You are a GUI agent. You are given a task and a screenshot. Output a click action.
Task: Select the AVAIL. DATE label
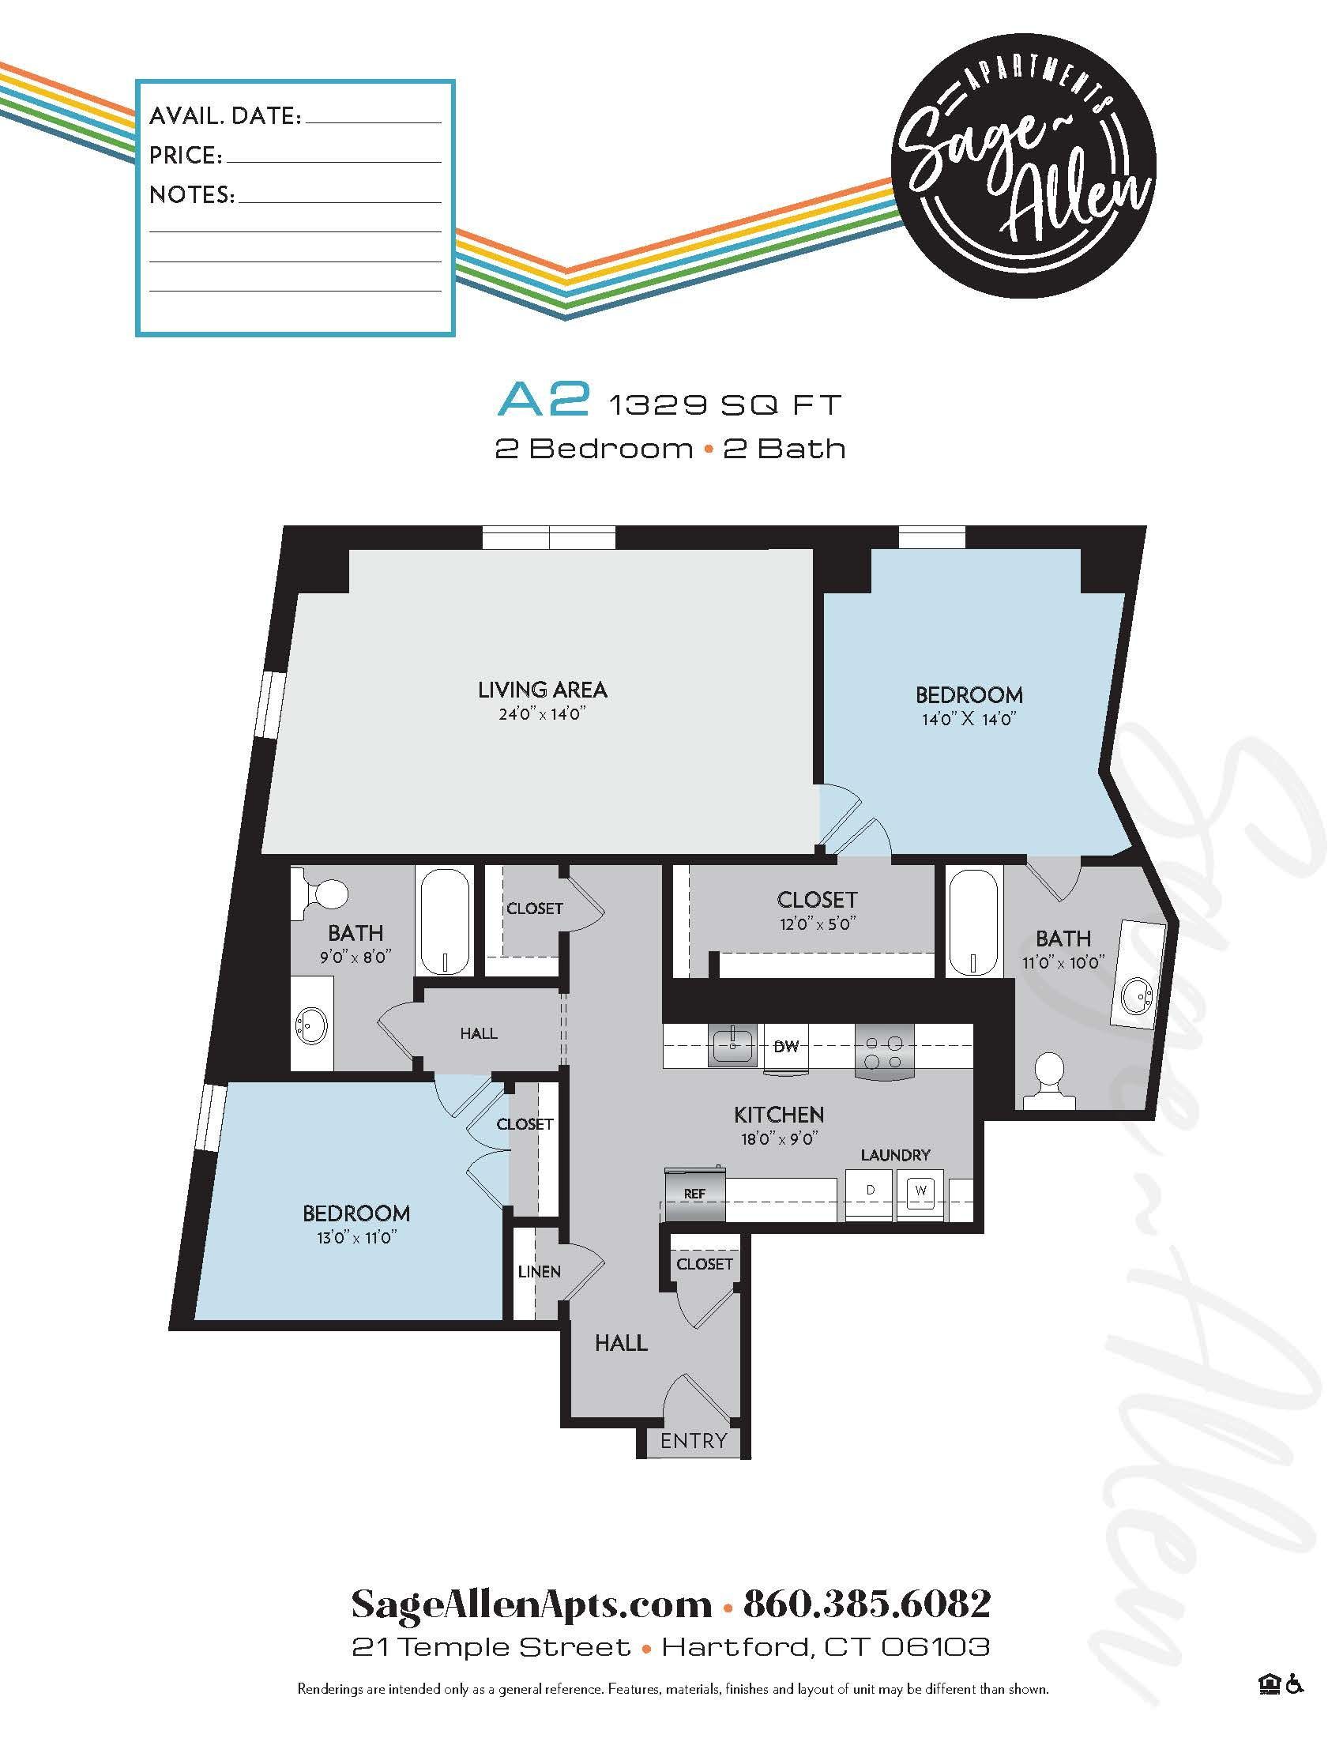[x=225, y=116]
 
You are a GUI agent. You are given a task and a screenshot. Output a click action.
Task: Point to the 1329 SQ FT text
[x=724, y=406]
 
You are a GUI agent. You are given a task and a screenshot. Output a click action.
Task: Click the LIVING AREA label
[x=543, y=689]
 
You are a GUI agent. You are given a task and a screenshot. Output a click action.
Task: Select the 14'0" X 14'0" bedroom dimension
[x=969, y=720]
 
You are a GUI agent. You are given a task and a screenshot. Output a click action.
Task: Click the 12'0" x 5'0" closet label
[x=817, y=924]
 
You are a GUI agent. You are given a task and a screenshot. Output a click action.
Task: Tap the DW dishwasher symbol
[x=785, y=1047]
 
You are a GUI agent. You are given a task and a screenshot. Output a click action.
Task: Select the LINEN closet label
[x=540, y=1272]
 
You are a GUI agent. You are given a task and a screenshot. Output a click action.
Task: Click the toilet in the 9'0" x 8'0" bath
[x=325, y=890]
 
